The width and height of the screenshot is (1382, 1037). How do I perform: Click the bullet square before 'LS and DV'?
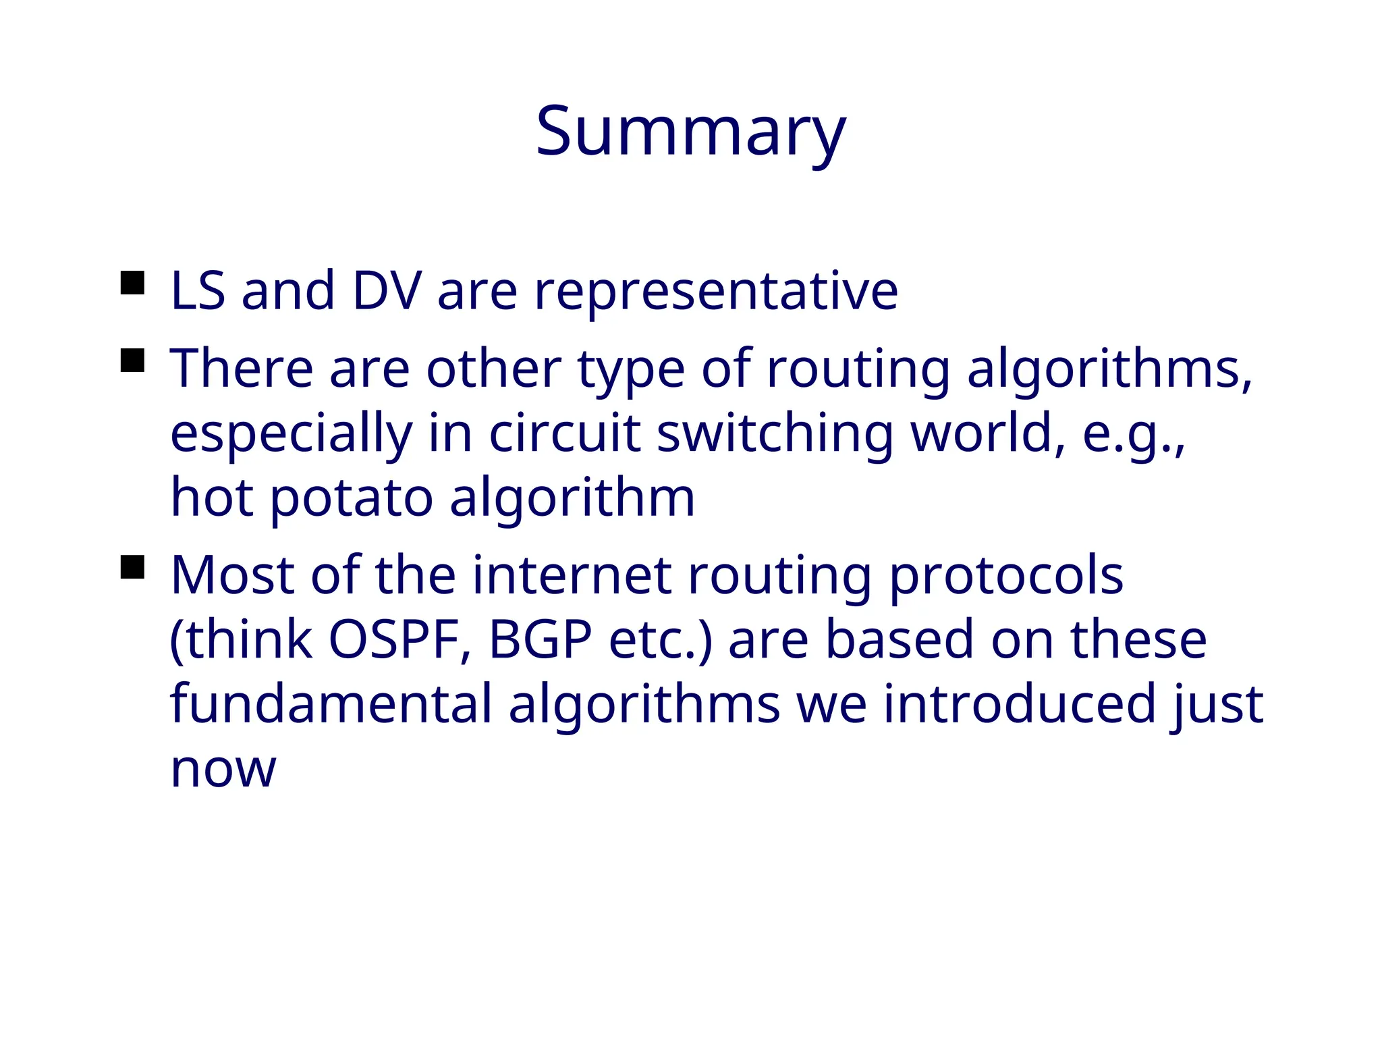point(133,283)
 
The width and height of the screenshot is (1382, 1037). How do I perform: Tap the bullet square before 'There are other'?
point(133,361)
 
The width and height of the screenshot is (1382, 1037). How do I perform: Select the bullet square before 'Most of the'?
point(133,567)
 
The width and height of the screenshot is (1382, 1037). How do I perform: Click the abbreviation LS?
point(198,291)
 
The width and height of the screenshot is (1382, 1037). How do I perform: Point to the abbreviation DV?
point(387,291)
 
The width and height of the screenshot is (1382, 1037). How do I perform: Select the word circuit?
point(564,433)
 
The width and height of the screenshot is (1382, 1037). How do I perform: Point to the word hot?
point(212,498)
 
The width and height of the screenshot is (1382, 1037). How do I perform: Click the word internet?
point(572,575)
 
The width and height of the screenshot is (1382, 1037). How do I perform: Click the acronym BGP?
point(540,639)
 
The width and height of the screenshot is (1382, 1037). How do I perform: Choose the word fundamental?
point(331,703)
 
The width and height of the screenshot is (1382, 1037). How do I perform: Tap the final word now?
point(223,770)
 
